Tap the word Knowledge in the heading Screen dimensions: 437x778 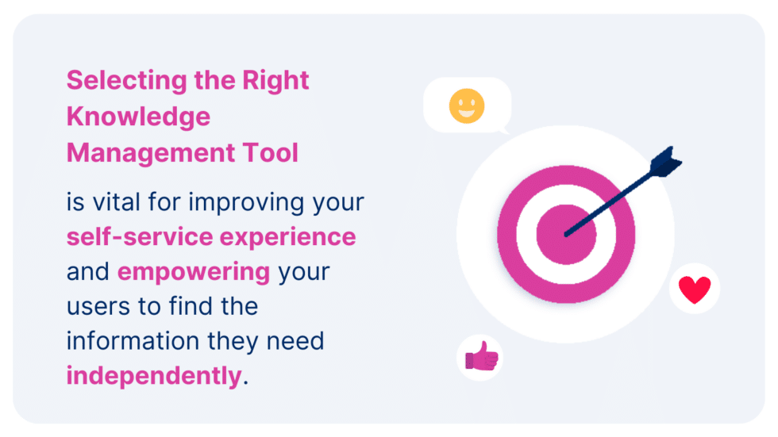[138, 117]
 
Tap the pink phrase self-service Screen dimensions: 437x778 [140, 236]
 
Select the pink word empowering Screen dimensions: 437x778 [194, 271]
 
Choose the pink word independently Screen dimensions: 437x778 [153, 375]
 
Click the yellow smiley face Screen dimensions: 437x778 [467, 105]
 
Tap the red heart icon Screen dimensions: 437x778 [695, 289]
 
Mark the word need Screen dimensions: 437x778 [295, 340]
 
